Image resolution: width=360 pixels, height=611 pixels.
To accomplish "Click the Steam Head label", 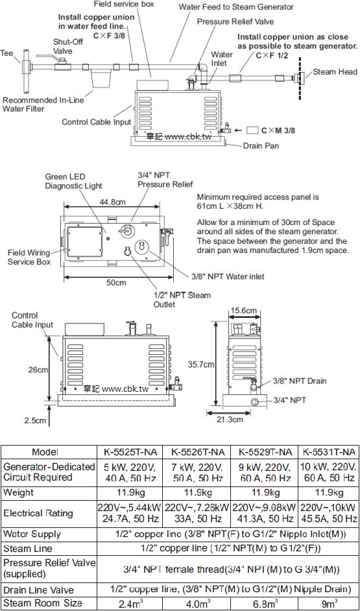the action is tap(335, 72).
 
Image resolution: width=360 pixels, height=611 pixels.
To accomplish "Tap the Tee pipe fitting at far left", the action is tap(26, 71).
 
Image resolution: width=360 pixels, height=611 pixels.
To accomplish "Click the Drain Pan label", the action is tap(261, 146).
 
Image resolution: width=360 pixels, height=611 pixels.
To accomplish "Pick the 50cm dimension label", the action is tap(116, 283).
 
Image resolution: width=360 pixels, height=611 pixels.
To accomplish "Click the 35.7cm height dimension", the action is tap(202, 365).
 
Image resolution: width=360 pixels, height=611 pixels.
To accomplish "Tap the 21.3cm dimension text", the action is tap(229, 419).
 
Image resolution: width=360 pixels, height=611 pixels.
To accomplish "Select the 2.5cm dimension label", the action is tap(34, 420).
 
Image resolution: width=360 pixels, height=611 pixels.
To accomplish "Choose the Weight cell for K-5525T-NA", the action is tap(130, 492).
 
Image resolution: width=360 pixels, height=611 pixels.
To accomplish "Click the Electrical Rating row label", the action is tap(38, 513).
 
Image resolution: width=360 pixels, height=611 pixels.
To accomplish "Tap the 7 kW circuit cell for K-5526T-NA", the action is tap(197, 472).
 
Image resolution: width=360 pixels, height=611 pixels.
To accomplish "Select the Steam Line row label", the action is tap(28, 549).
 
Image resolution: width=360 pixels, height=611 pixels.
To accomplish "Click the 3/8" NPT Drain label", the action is tap(300, 381).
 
